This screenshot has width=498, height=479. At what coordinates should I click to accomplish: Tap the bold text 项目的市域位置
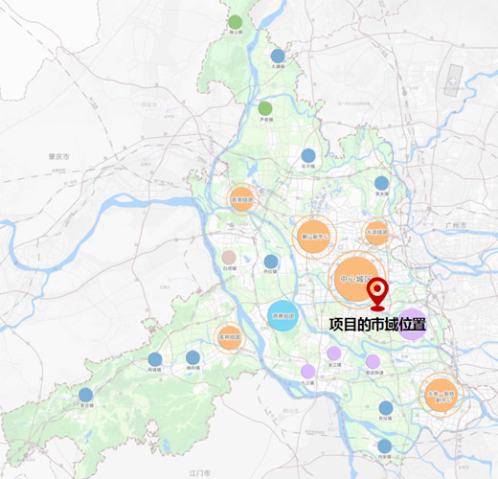pos(376,324)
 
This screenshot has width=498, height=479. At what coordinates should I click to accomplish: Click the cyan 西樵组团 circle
pos(283,315)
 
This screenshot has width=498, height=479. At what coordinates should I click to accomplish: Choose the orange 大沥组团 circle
pos(378,232)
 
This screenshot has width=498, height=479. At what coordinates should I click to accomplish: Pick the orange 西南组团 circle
pos(241,201)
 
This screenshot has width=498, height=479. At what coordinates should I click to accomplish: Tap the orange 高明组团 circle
pos(229,337)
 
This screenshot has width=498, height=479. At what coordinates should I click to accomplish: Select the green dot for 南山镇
pos(236,22)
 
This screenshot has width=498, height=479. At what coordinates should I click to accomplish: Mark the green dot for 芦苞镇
pos(265,108)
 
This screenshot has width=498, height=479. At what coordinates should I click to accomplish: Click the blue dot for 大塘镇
pos(278,56)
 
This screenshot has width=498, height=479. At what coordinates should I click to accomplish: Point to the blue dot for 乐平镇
pos(308,155)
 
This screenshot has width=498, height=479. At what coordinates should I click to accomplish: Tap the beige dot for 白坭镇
pos(229,258)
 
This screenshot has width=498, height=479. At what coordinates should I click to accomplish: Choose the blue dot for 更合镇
pos(86,395)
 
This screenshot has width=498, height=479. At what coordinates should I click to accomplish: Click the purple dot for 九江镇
pos(307,371)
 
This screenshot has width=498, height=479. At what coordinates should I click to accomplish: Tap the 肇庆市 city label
pos(59,156)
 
